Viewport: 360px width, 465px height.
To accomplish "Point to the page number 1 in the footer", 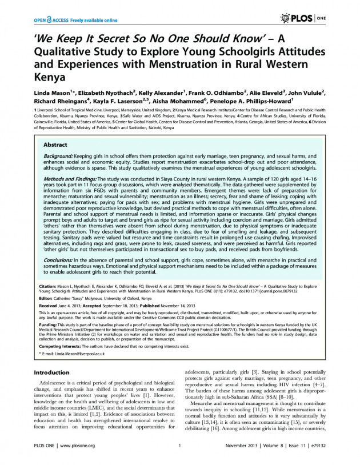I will click(179, 446).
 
